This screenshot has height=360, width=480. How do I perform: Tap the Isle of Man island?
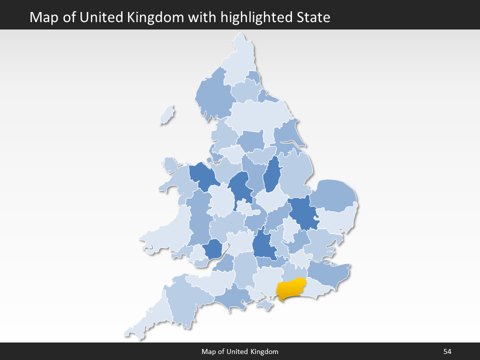coord(167,115)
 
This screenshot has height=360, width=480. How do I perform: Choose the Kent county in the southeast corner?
coord(327,275)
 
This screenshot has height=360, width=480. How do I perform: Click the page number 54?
coord(447,351)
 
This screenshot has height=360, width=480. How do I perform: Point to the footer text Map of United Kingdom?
coord(240,351)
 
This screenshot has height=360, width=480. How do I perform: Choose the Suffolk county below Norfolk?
coord(337,220)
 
